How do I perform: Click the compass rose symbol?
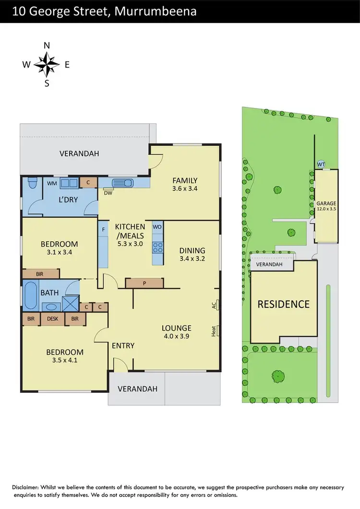47,64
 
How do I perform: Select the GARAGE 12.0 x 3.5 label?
326,206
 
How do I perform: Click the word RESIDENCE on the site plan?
284,304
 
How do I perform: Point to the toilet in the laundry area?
32,183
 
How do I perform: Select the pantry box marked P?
144,283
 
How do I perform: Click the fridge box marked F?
103,229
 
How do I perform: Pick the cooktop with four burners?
157,248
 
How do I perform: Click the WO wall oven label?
157,227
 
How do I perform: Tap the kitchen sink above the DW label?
124,183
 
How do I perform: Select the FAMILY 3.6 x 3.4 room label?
185,185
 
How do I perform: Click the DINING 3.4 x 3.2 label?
192,254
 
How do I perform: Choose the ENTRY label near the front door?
123,345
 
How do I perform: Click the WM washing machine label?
52,183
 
